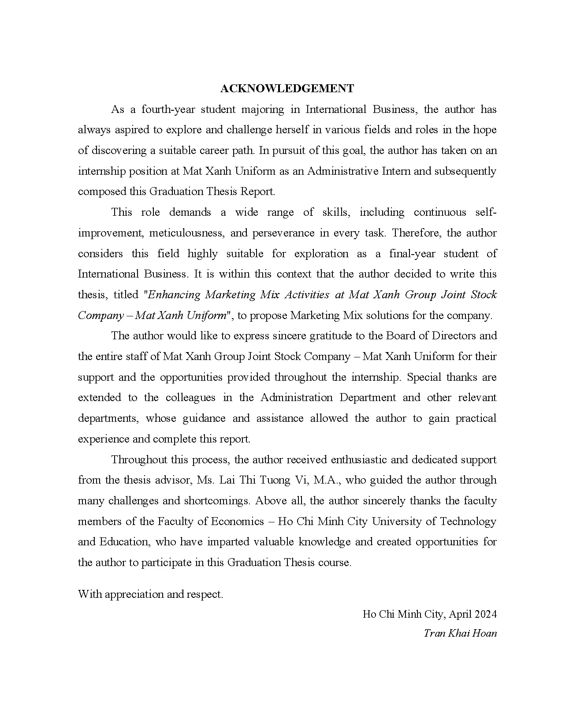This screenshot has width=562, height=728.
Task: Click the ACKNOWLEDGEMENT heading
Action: (287, 89)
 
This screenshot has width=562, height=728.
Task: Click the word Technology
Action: (468, 522)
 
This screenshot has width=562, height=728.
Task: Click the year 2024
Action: (485, 614)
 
